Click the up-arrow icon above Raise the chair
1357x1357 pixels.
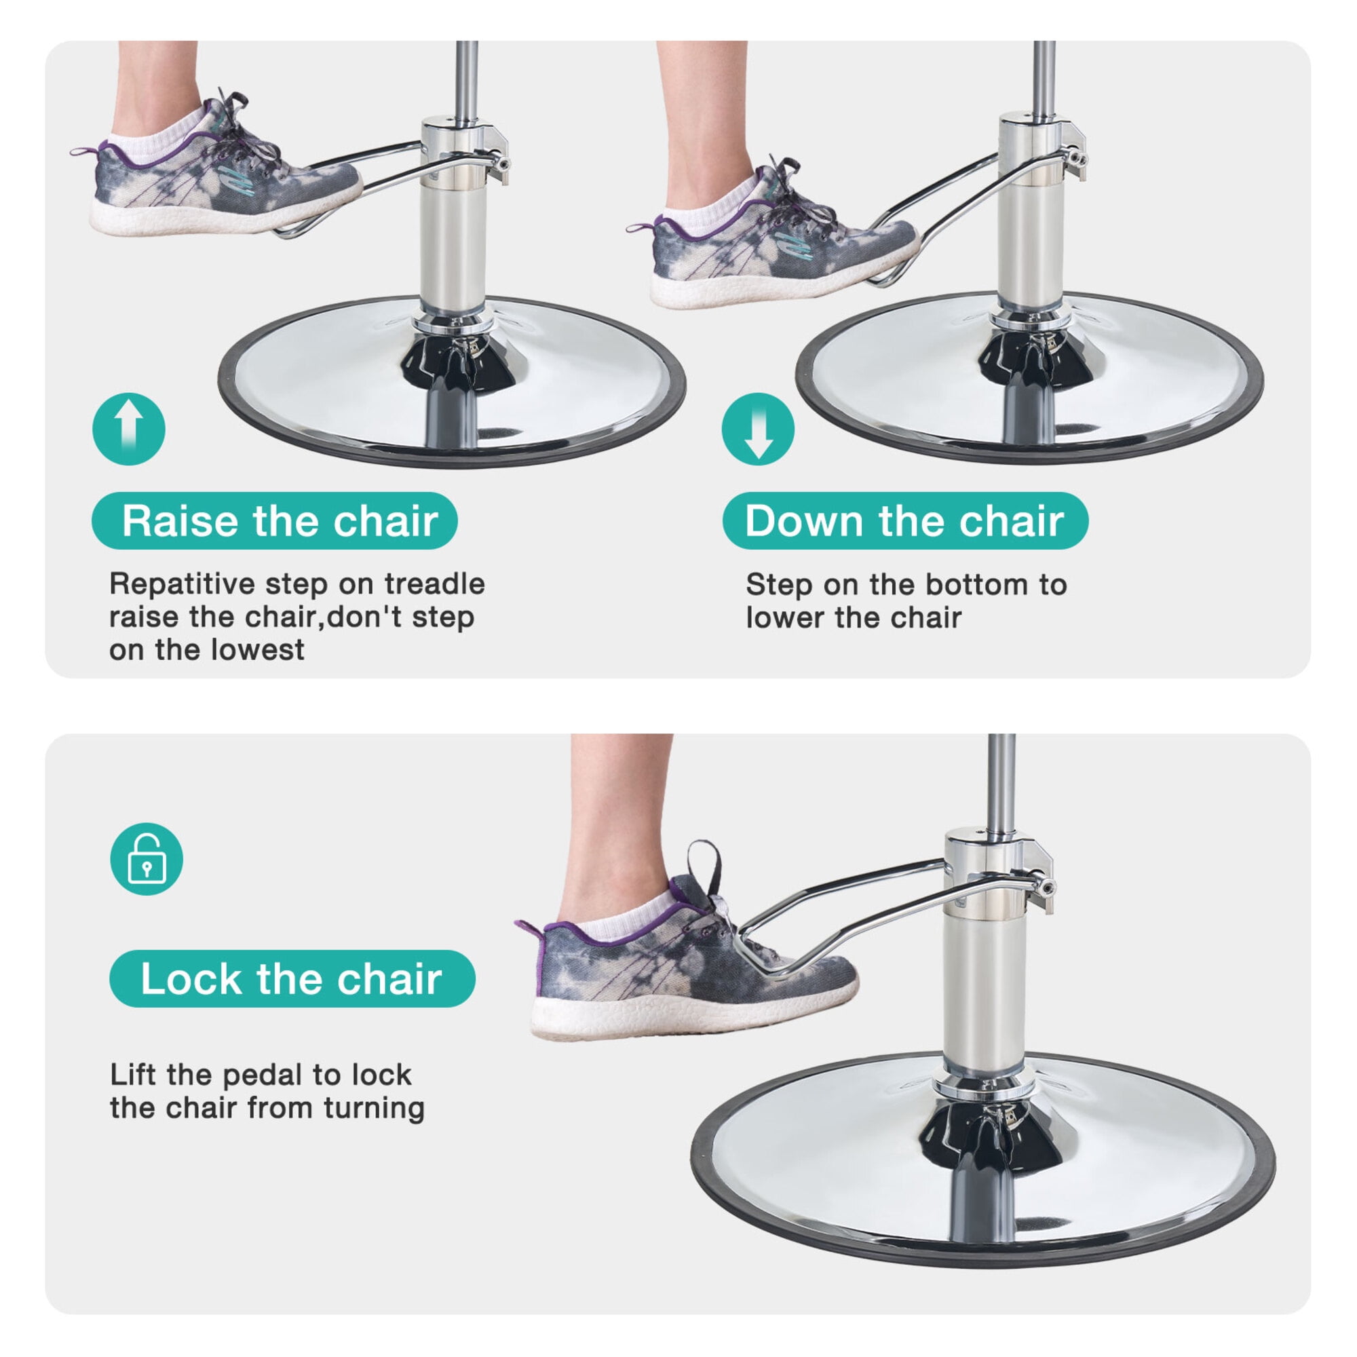coord(128,428)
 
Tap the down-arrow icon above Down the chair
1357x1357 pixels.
coord(758,428)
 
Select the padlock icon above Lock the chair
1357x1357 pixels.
coord(147,859)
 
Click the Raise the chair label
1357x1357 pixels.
coord(275,521)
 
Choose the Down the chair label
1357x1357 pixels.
coord(905,521)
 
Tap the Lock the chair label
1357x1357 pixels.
coord(292,979)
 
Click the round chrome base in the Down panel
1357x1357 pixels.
coord(1030,378)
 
